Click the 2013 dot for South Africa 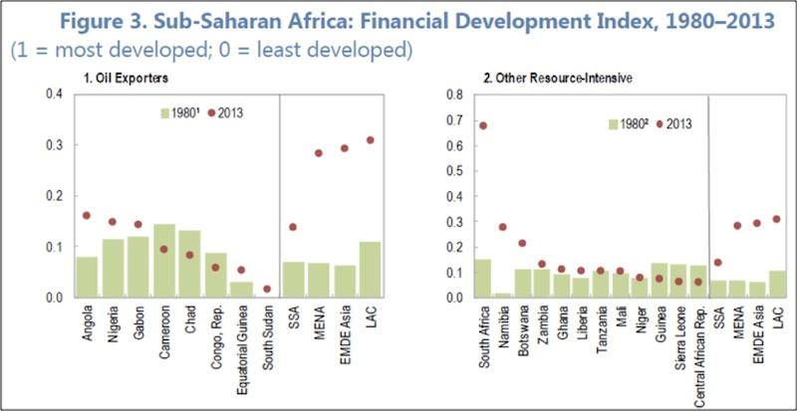pyautogui.click(x=483, y=125)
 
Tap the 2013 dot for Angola pyautogui.click(x=87, y=215)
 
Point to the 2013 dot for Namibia pyautogui.click(x=503, y=227)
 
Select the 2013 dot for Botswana pyautogui.click(x=523, y=243)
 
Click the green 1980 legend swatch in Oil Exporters pyautogui.click(x=165, y=112)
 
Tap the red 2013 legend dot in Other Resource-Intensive pyautogui.click(x=659, y=123)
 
